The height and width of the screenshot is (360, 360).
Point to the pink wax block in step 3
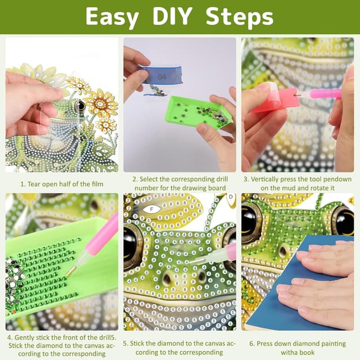tap(276, 99)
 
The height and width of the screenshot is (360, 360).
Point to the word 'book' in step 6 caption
tap(321, 353)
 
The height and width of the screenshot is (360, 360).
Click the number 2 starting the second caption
tap(135, 179)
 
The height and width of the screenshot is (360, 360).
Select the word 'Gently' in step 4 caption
tap(33, 337)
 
